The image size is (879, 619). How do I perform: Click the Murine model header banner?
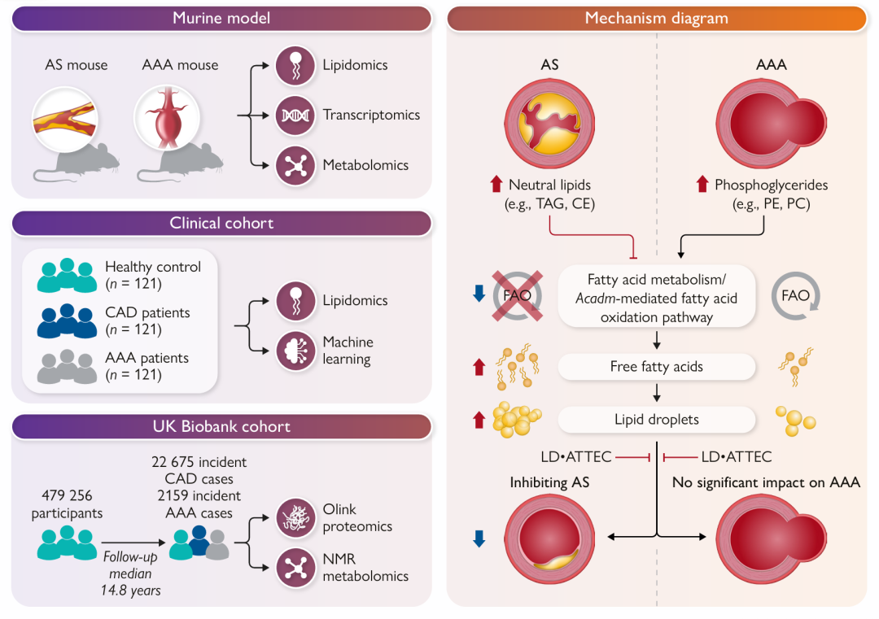coord(221,18)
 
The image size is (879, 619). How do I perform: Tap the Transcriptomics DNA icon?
coord(295,116)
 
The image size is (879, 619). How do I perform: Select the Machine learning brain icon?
coord(295,351)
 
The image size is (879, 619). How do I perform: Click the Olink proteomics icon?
coord(295,517)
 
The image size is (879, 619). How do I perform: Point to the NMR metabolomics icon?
coord(295,568)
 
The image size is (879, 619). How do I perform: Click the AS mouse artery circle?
coord(65,120)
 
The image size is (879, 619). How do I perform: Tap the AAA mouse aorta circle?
coord(167,118)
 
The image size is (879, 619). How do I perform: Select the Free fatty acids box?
coord(657,367)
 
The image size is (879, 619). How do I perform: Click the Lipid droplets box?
coord(657,420)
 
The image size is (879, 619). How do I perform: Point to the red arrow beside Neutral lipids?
coord(496,184)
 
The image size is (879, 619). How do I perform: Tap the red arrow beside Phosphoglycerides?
coord(702,184)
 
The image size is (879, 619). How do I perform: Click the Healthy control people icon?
coord(67,276)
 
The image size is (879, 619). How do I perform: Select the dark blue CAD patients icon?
coord(67,321)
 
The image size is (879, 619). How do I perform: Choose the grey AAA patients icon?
coord(67,366)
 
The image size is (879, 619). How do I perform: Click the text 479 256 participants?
coord(67,504)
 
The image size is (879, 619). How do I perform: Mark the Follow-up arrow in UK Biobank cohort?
coord(133,543)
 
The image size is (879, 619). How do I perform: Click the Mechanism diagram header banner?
coord(657,18)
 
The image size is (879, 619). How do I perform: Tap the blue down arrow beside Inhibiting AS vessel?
coord(479,538)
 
